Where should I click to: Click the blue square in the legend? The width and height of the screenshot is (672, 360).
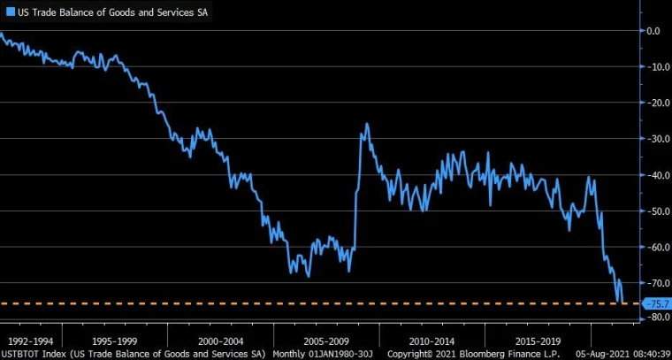pyautogui.click(x=10, y=12)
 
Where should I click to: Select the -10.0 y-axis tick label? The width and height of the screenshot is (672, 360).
pyautogui.click(x=655, y=66)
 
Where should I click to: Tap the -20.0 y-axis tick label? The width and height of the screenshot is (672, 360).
pyautogui.click(x=655, y=103)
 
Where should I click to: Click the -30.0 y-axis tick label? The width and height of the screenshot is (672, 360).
pyautogui.click(x=655, y=139)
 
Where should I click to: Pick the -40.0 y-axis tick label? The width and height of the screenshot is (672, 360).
pyautogui.click(x=655, y=175)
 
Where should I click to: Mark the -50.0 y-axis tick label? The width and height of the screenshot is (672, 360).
pyautogui.click(x=655, y=211)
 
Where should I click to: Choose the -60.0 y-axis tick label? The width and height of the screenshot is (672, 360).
pyautogui.click(x=655, y=248)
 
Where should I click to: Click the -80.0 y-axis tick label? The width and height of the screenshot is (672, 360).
pyautogui.click(x=655, y=318)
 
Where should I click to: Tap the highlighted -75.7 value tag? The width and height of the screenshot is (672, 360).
pyautogui.click(x=658, y=304)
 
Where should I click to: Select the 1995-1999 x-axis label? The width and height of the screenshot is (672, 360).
pyautogui.click(x=114, y=341)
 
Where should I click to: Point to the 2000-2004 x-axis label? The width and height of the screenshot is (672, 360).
pyautogui.click(x=220, y=341)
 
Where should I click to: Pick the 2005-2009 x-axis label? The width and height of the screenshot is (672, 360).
pyautogui.click(x=326, y=341)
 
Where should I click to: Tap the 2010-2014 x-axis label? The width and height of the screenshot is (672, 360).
pyautogui.click(x=432, y=341)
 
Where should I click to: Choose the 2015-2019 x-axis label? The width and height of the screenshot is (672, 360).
pyautogui.click(x=538, y=341)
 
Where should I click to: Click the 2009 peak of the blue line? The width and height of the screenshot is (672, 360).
pyautogui.click(x=367, y=124)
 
